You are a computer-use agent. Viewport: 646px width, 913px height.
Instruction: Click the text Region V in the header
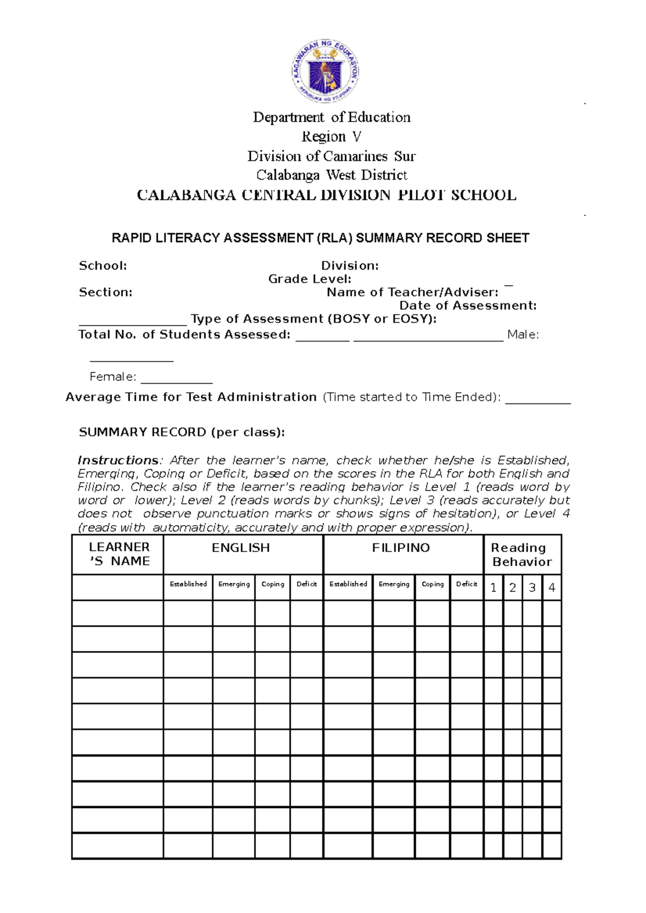331,137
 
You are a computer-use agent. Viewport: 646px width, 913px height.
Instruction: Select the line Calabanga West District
331,175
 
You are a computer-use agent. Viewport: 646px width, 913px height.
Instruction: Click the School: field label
103,266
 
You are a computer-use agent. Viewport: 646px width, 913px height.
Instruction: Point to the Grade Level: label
310,279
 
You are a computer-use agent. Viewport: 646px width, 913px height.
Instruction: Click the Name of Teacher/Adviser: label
412,293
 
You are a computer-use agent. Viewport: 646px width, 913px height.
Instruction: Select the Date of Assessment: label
468,306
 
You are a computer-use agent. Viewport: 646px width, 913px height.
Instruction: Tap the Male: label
523,335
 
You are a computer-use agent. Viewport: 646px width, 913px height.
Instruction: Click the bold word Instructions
118,461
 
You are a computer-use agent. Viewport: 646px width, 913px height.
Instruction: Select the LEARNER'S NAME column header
119,554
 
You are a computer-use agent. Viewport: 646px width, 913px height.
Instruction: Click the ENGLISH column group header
241,548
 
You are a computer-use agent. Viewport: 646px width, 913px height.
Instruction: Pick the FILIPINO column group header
401,548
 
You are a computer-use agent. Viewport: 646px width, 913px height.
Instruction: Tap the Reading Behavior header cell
521,555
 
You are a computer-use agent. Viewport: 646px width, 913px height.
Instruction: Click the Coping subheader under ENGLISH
272,584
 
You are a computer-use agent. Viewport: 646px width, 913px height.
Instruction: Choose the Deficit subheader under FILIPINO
466,584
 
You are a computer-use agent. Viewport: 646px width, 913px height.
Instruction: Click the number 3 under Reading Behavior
532,588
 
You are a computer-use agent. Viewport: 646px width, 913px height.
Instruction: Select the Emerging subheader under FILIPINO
394,584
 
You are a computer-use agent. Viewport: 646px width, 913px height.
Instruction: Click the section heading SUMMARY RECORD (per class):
182,433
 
